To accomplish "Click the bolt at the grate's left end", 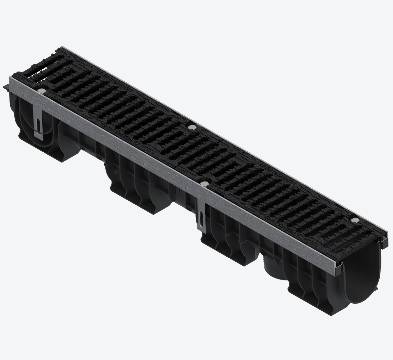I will click(x=42, y=91).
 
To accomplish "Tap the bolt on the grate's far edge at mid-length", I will click(x=191, y=127).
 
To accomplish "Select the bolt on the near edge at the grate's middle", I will click(x=204, y=183).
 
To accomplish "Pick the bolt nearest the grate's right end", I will click(x=356, y=219).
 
